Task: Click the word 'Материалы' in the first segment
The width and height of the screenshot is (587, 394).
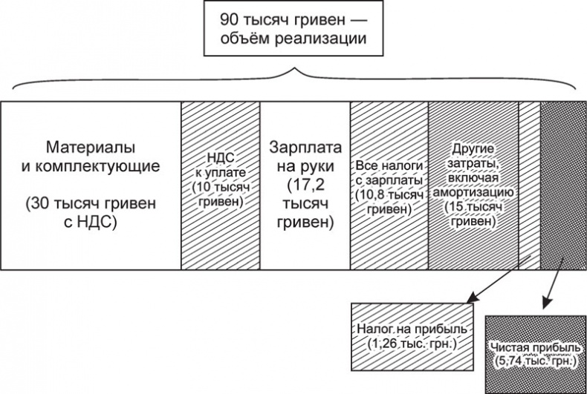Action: [x=91, y=144]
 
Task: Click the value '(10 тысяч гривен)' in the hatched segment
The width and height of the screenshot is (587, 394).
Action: [x=221, y=195]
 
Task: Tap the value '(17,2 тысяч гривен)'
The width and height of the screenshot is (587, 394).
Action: [x=305, y=201]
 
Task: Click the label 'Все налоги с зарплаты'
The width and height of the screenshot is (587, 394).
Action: [x=389, y=173]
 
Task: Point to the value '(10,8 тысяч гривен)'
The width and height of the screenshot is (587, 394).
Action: [x=389, y=201]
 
